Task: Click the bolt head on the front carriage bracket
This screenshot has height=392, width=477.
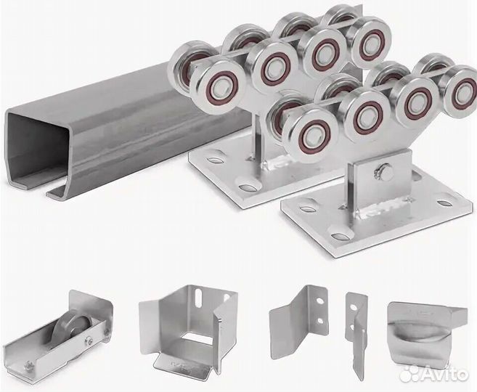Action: (x=383, y=171)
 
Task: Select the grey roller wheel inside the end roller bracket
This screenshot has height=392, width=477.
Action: (x=70, y=332)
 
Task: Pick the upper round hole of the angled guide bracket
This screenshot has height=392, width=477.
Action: (x=319, y=301)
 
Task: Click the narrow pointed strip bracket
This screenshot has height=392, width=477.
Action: (x=356, y=335)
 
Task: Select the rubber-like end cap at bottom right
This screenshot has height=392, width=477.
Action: (x=426, y=332)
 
